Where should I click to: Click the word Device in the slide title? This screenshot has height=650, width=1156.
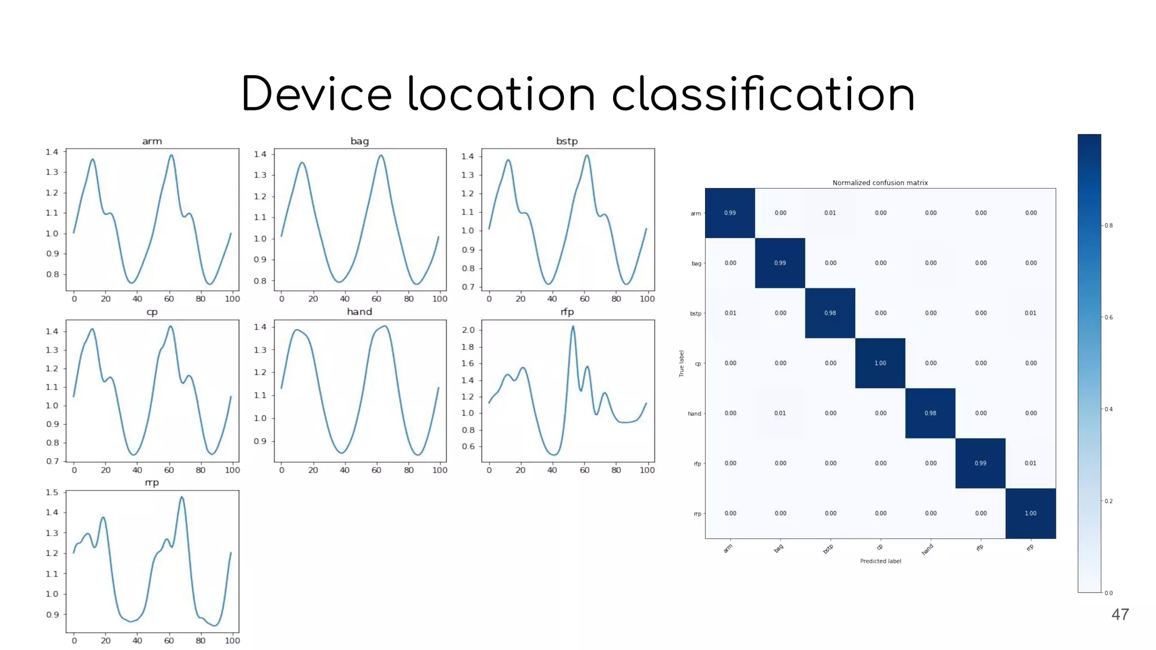point(316,94)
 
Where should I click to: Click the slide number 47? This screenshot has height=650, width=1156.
point(1120,614)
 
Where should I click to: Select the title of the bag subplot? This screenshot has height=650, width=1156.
point(360,141)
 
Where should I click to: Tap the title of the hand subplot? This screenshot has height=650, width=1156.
point(360,311)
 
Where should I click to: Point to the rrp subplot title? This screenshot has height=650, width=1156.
point(152,482)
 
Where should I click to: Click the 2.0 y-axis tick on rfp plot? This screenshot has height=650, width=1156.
point(468,330)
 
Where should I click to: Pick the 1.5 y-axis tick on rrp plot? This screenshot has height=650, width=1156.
point(52,492)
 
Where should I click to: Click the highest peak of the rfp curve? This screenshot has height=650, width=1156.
point(573,326)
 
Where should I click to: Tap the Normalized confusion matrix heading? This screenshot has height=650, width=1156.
point(880,183)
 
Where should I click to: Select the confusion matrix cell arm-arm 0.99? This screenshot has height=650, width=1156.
point(730,213)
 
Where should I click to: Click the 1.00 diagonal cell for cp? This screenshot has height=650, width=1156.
point(880,363)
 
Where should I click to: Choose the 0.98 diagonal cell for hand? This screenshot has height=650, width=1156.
point(930,413)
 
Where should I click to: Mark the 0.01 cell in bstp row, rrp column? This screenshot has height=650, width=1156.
point(1031,313)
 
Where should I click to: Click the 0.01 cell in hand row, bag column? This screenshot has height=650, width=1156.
point(780,413)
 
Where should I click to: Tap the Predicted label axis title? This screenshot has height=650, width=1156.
point(880,561)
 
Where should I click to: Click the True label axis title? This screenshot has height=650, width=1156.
point(681,363)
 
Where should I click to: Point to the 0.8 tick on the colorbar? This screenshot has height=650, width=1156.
point(1109,226)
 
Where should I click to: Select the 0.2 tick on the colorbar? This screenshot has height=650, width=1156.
point(1109,501)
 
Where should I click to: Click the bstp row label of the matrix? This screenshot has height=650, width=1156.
point(695,314)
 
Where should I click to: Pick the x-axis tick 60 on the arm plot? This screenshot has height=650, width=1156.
point(169,299)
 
